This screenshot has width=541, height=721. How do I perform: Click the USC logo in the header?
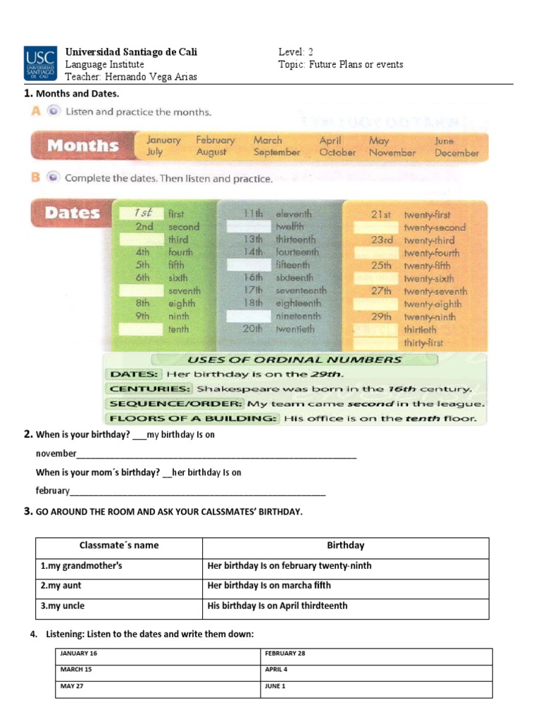[x=42, y=64]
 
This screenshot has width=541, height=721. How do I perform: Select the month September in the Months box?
[x=276, y=152]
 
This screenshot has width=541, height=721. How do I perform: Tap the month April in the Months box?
[x=330, y=140]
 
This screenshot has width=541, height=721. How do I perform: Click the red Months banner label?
[x=82, y=146]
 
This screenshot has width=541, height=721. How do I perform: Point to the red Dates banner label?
[x=73, y=212]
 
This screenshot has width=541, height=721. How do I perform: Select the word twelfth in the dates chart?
[x=290, y=227]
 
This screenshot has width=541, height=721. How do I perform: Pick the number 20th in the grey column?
[x=252, y=329]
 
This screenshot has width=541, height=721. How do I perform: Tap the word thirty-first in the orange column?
[x=424, y=343]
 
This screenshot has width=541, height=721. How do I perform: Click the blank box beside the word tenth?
[x=140, y=329]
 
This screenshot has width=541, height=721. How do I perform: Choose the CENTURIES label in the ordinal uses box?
[x=149, y=389]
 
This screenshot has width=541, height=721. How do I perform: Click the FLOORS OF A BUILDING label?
[x=192, y=418]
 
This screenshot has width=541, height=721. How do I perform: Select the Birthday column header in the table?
[x=345, y=545]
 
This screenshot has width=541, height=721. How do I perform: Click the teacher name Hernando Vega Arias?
[x=131, y=77]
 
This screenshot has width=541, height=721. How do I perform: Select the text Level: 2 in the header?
[x=296, y=52]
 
